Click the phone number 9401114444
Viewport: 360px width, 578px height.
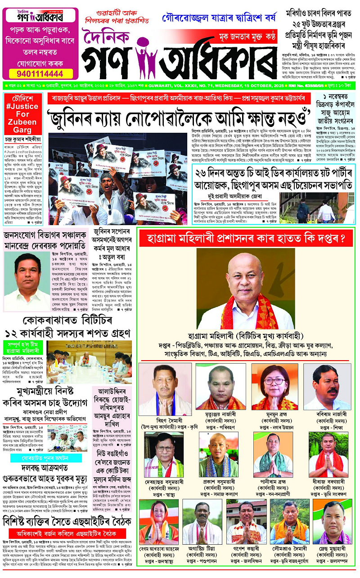tap(40, 73)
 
